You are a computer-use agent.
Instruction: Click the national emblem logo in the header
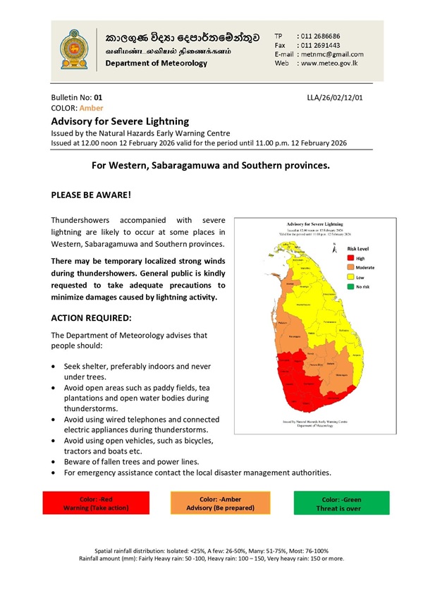72,48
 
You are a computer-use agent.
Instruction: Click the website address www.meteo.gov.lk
331,63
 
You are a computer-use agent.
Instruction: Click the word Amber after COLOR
92,108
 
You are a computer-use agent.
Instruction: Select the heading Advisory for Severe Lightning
121,121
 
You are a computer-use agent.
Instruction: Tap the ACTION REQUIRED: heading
97,318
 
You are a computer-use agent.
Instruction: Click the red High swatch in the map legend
350,259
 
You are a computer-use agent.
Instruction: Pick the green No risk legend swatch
350,287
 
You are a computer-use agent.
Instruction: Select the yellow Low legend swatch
350,278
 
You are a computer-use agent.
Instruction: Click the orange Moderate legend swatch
350,268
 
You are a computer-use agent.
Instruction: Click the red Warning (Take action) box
95,503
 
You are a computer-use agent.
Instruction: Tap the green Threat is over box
342,503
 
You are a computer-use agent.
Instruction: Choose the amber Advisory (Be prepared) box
219,503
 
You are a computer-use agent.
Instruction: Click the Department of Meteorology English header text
157,63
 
